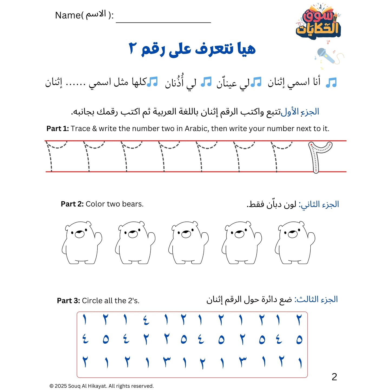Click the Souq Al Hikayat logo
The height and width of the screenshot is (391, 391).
[318, 23]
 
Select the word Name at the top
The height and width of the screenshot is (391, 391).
[68, 15]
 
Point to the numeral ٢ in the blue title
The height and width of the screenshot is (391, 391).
[133, 48]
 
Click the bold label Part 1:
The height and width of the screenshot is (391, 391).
[58, 129]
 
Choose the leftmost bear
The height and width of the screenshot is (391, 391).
[81, 242]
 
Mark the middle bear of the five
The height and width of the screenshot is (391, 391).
[188, 242]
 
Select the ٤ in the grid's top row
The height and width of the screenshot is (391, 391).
[146, 320]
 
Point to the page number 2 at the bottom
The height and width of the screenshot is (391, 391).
[334, 377]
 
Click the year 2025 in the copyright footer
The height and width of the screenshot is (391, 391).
[61, 386]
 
